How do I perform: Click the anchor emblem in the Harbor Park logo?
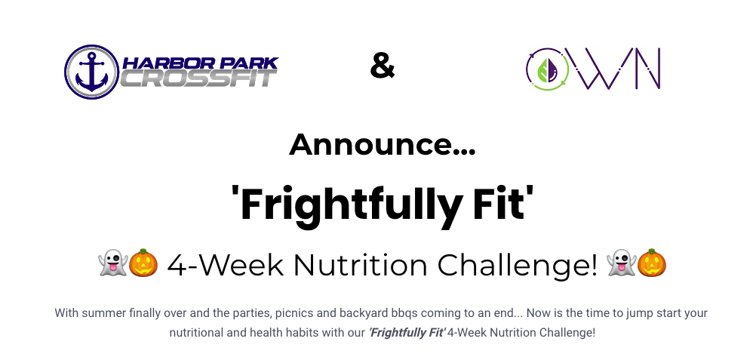pyautogui.click(x=91, y=72)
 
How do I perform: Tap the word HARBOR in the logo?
pyautogui.click(x=162, y=63)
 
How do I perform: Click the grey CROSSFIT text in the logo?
pyautogui.click(x=198, y=78)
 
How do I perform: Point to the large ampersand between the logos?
pyautogui.click(x=383, y=66)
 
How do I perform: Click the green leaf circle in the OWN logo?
pyautogui.click(x=547, y=69)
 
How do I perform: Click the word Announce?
pyautogui.click(x=383, y=145)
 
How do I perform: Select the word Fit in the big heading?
pyautogui.click(x=503, y=203)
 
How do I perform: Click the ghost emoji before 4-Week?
pyautogui.click(x=112, y=263)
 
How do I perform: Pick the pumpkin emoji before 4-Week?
pyautogui.click(x=143, y=263)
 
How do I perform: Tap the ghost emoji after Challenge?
pyautogui.click(x=621, y=263)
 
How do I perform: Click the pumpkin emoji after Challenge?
pyautogui.click(x=652, y=263)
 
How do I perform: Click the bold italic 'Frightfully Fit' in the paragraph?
pyautogui.click(x=407, y=333)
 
